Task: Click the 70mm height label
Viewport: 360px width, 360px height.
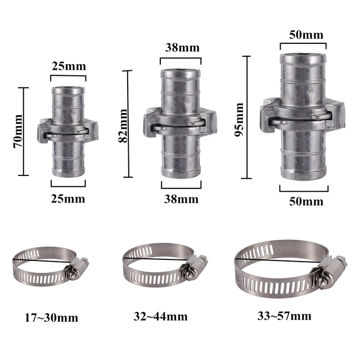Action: click(18, 131)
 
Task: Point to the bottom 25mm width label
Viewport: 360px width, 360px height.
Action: click(68, 198)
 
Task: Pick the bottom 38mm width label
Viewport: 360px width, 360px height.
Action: click(182, 199)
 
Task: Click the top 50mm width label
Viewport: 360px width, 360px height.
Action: click(305, 35)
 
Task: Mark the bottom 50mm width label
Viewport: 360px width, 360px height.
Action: click(305, 201)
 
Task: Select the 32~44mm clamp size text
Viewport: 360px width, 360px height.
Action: click(160, 317)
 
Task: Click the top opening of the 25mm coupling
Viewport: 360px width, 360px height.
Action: click(68, 88)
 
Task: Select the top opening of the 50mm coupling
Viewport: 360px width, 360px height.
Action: click(303, 57)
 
